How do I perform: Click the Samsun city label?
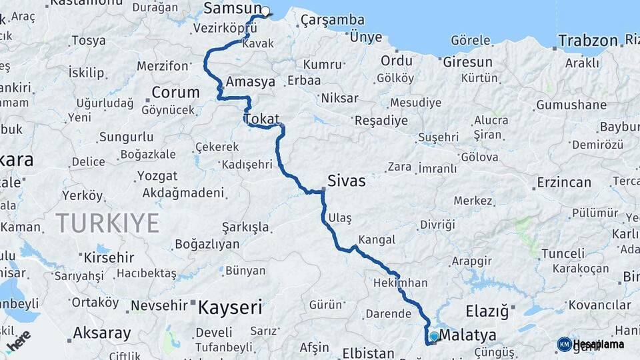[x=232, y=8]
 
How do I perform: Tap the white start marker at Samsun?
[x=265, y=11]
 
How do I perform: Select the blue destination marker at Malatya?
[x=434, y=337]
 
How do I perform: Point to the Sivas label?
[x=347, y=181]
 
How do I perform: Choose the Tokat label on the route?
[x=261, y=119]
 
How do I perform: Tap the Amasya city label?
[x=251, y=82]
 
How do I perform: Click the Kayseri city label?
[x=230, y=307]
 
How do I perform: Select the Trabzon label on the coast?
[x=589, y=41]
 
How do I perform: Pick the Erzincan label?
[x=564, y=182]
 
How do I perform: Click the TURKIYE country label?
[x=107, y=222]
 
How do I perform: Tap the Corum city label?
[x=175, y=92]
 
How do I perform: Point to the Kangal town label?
[x=377, y=239]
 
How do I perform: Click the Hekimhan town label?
[x=401, y=283]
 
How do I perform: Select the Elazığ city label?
[x=487, y=311]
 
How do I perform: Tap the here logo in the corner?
[x=19, y=340]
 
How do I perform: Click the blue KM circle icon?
[x=564, y=344]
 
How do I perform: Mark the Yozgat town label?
[x=157, y=176]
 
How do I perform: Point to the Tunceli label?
[x=563, y=253]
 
